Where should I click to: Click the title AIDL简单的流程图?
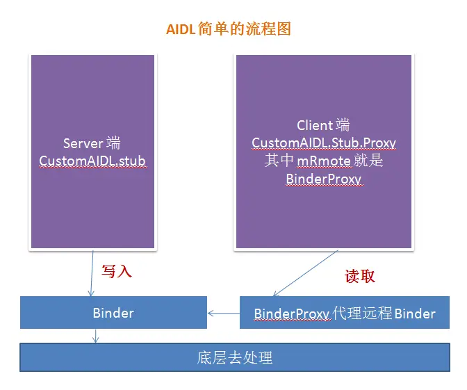coord(227,29)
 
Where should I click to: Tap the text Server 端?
coord(92,143)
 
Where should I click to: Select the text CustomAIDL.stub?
coord(92,161)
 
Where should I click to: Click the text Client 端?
coord(323,125)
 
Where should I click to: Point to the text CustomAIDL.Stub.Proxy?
coord(323,143)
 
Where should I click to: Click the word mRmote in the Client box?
coord(324,161)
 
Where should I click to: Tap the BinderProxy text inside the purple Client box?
coord(323,179)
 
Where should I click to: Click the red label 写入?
coord(116,271)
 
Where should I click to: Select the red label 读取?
coord(360,276)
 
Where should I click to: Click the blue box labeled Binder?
coord(113,313)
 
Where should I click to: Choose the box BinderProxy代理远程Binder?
coord(345,314)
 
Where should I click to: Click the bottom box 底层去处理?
coord(234,359)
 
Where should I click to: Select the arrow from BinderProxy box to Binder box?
coord(224,314)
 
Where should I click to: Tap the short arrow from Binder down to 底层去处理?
coord(96,335)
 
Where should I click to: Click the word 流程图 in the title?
coord(272,29)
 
